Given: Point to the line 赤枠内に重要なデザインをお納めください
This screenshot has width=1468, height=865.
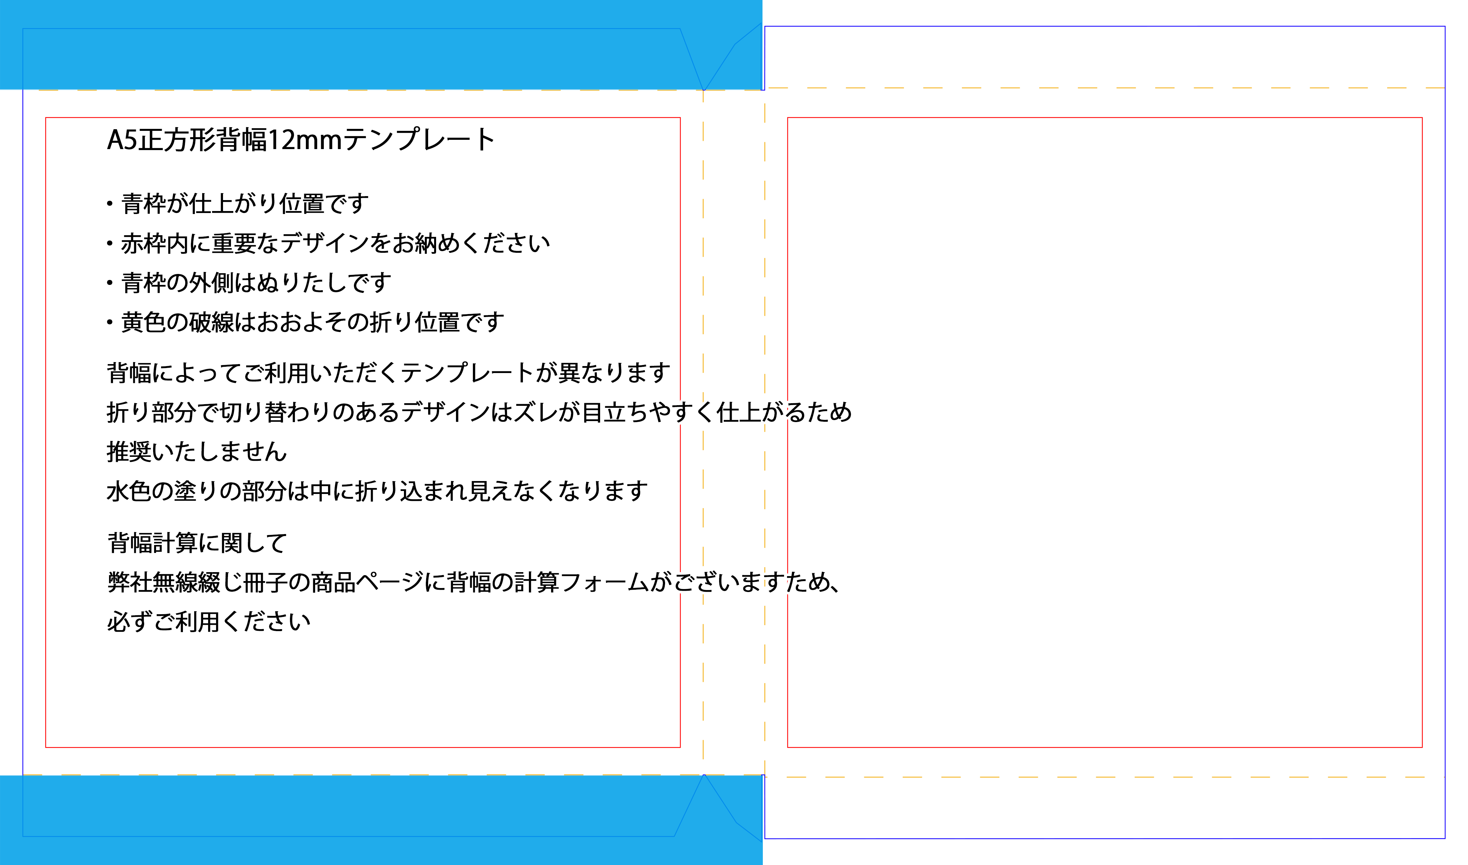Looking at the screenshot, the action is [x=336, y=243].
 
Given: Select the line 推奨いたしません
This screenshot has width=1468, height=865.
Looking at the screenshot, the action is [x=197, y=452].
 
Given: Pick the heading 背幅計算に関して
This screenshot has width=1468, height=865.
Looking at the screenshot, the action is [x=197, y=543].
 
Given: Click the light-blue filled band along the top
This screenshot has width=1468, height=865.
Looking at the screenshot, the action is [x=381, y=45].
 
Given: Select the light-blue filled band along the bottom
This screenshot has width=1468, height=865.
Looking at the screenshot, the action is [x=381, y=820].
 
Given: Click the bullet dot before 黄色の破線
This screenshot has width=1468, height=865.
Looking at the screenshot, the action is [x=110, y=322].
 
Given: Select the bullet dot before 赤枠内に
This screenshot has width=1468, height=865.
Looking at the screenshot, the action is [x=110, y=243].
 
